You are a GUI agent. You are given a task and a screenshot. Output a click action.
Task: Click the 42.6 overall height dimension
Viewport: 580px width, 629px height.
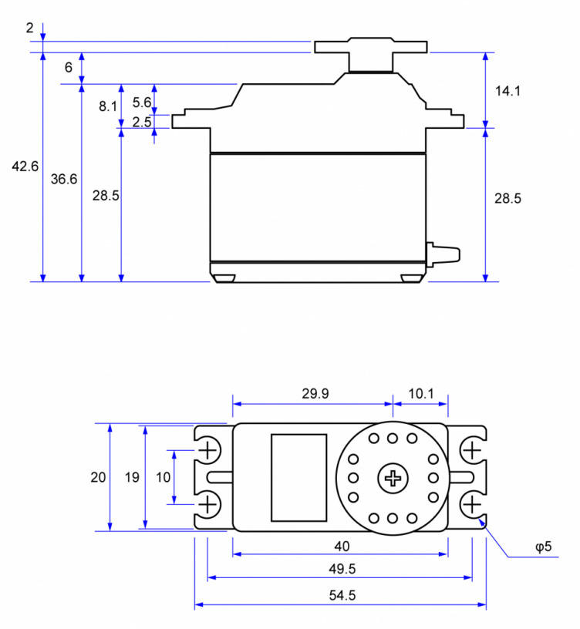tap(25, 166)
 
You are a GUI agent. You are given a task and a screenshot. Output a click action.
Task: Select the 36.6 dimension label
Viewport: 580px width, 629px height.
tap(64, 179)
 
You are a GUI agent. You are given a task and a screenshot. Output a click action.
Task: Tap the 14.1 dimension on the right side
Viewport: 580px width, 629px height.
tap(507, 91)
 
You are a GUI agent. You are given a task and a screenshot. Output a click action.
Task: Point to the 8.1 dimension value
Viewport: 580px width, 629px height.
tap(107, 106)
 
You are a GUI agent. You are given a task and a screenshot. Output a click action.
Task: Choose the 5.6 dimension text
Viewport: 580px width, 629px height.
tap(141, 102)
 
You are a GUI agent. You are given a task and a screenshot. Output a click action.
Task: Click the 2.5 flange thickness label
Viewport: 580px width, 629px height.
tap(141, 122)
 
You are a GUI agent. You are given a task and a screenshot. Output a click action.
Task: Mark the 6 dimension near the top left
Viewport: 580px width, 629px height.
tap(69, 68)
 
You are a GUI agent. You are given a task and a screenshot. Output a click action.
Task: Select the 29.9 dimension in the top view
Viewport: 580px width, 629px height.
tap(315, 393)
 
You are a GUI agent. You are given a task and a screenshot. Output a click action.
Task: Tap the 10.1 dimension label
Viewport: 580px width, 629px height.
tap(420, 393)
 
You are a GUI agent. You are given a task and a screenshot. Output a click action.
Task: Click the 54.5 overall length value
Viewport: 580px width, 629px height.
tap(341, 595)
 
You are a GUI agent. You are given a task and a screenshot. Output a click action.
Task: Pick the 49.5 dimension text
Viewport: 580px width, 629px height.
tap(341, 569)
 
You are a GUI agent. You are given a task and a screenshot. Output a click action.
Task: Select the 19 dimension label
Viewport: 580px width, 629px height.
tap(132, 477)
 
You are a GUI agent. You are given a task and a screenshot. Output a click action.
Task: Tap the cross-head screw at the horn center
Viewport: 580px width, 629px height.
tap(393, 478)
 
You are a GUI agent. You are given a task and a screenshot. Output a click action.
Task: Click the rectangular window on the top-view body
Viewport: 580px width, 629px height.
tap(298, 477)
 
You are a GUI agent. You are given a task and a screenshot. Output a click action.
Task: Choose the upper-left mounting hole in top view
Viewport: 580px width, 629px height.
tap(208, 449)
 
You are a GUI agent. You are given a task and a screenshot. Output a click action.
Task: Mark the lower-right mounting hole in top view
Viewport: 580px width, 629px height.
tap(471, 505)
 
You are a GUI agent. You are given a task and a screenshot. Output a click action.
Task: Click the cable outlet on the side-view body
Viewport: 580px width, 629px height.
tap(443, 254)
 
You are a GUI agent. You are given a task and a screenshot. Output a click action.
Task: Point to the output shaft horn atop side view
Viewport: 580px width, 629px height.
tap(371, 48)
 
